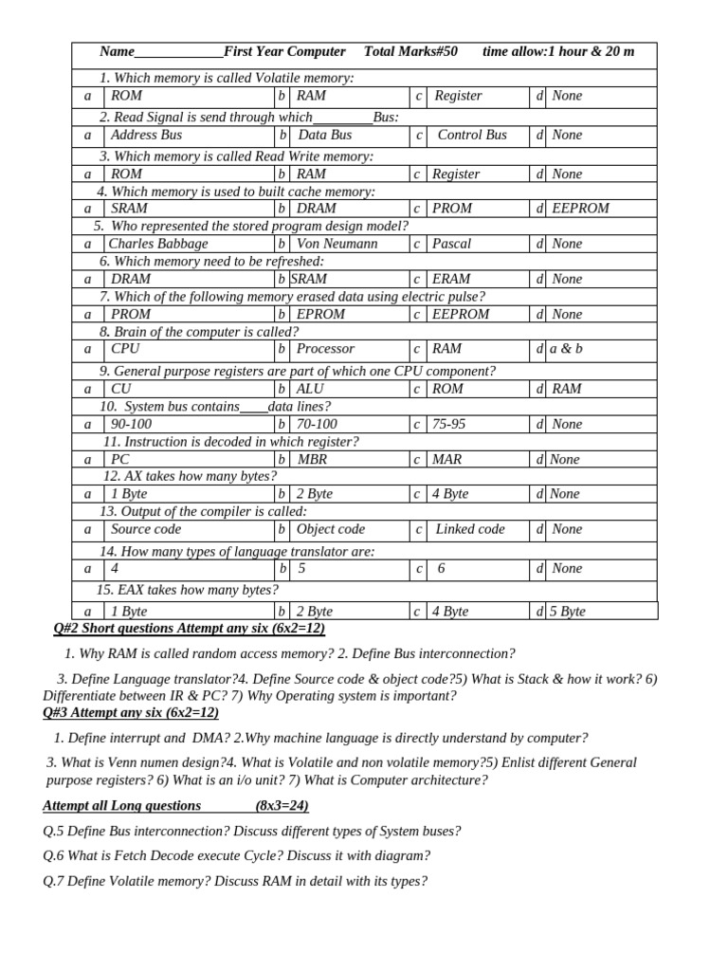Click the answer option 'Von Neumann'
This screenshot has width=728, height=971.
click(x=337, y=244)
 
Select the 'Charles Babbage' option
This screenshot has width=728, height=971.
click(x=158, y=244)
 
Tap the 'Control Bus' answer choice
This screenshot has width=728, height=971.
click(x=472, y=135)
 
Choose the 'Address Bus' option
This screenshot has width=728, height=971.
click(x=146, y=135)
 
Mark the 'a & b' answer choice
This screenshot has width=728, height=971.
click(x=567, y=349)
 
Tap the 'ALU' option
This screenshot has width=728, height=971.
click(x=310, y=389)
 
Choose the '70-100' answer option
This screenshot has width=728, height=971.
click(x=317, y=424)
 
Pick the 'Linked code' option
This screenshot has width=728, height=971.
click(x=470, y=529)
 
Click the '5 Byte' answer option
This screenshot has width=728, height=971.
click(x=567, y=612)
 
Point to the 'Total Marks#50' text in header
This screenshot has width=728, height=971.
click(x=410, y=51)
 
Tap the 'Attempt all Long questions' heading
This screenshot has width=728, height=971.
click(x=122, y=805)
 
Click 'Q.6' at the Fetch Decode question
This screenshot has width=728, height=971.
click(x=54, y=855)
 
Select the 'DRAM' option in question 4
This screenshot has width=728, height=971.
click(x=317, y=209)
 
